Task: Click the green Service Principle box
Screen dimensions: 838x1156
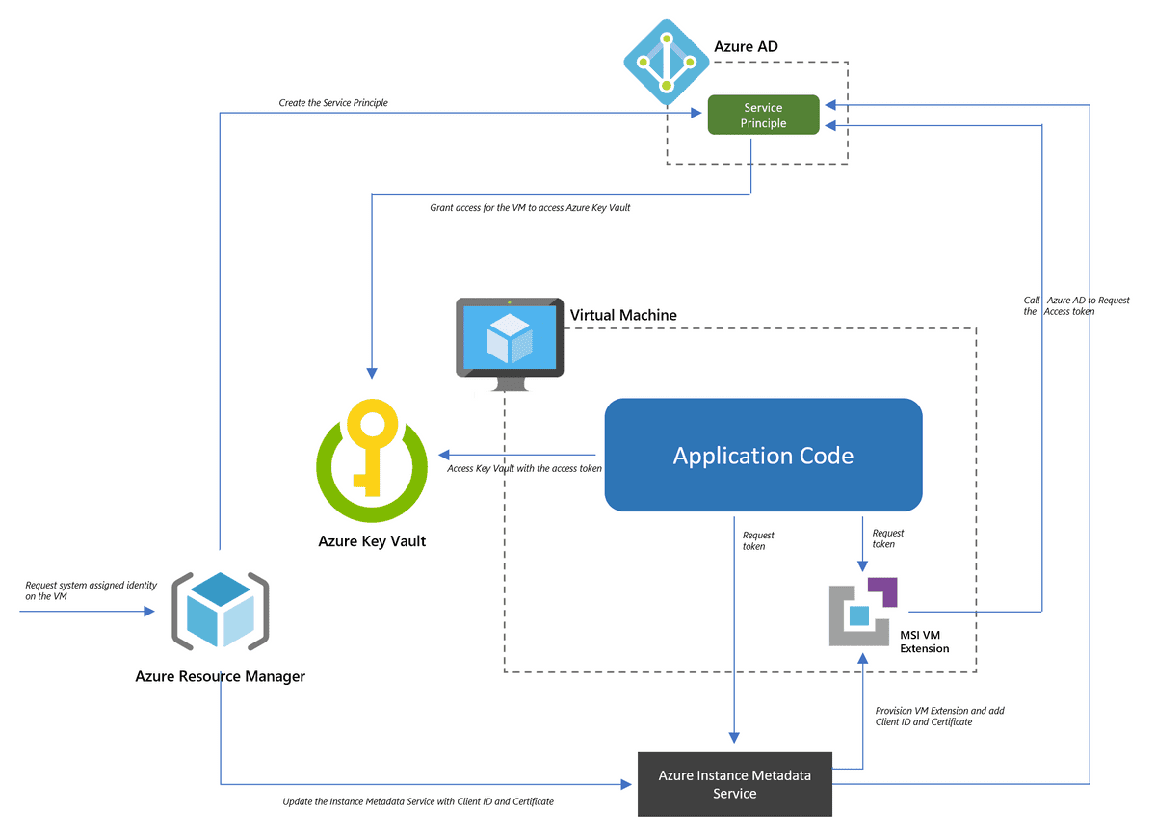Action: click(763, 116)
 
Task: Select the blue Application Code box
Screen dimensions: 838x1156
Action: click(763, 455)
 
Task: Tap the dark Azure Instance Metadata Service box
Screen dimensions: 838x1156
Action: click(734, 784)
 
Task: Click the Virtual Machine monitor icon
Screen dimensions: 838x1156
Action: click(510, 342)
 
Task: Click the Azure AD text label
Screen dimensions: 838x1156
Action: click(746, 46)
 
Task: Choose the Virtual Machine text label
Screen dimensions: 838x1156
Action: click(623, 315)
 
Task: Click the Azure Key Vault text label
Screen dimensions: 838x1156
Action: click(372, 541)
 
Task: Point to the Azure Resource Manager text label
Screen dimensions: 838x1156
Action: click(220, 676)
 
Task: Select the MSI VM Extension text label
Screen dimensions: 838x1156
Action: click(925, 642)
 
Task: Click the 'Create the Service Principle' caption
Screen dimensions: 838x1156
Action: click(333, 102)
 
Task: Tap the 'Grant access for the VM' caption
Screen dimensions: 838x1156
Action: click(530, 207)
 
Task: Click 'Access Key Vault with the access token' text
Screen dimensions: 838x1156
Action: click(525, 468)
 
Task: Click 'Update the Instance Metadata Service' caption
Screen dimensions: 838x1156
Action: click(418, 801)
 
